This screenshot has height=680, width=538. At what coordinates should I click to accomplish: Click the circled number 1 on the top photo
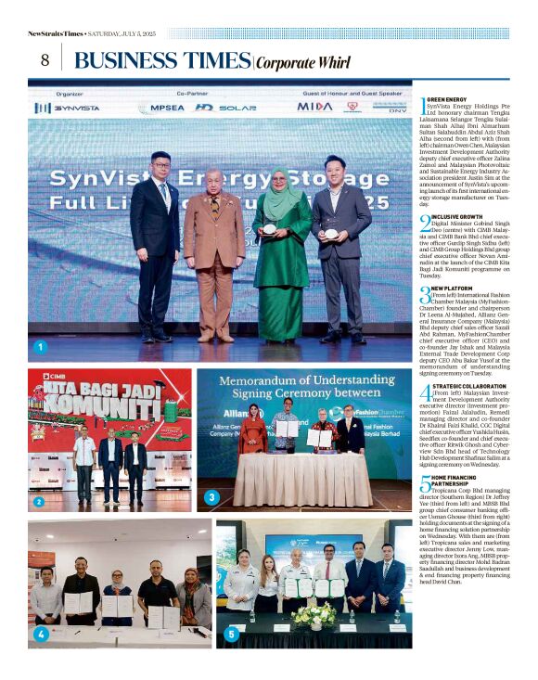(39, 348)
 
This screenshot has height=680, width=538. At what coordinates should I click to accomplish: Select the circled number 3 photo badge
(211, 497)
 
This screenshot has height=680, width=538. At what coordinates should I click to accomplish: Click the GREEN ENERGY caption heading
(448, 99)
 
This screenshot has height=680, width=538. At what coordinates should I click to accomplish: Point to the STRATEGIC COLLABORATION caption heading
(469, 385)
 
